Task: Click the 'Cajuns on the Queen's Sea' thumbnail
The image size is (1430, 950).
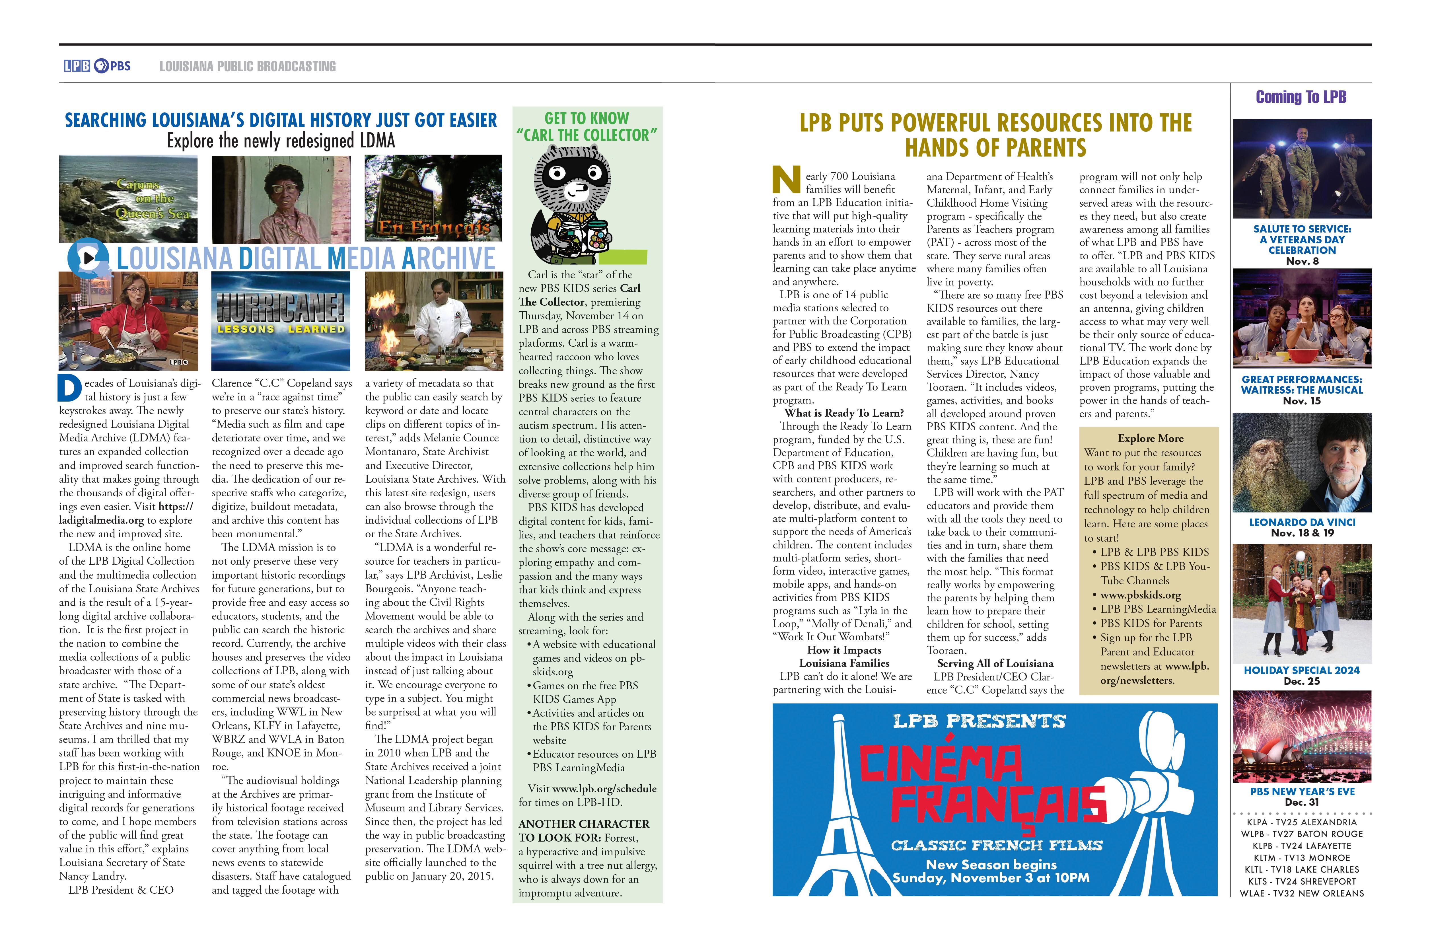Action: tap(128, 199)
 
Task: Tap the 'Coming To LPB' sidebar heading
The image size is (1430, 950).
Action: tap(1301, 97)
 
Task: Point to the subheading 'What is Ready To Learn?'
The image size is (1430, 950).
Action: tap(844, 413)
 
